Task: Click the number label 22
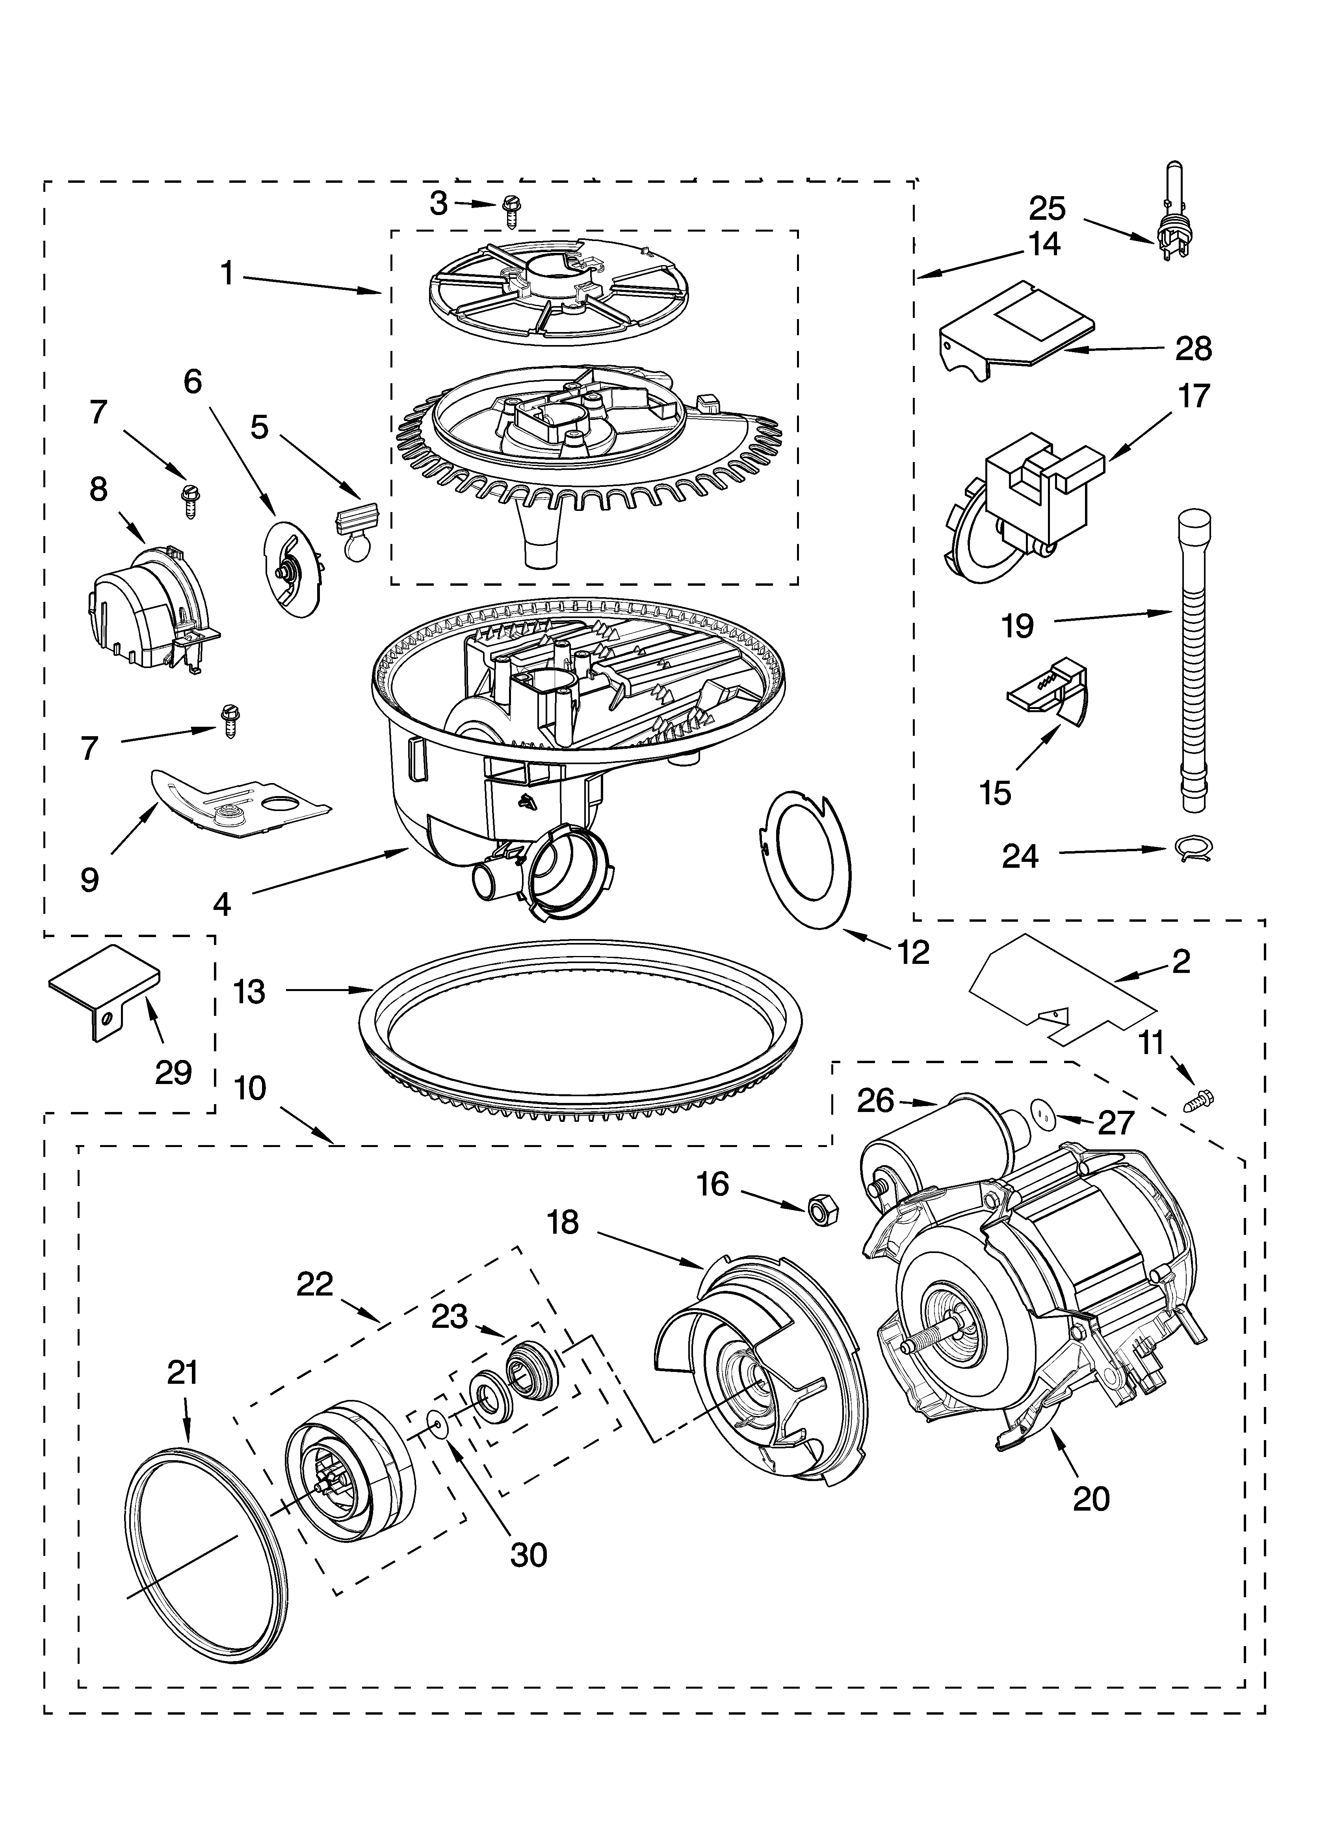(x=314, y=1285)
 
